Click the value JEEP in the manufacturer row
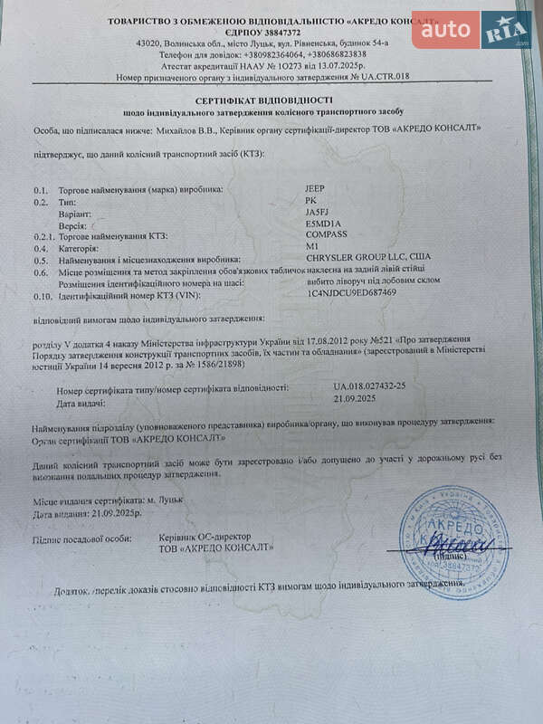pos(318,188)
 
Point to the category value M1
pos(313,245)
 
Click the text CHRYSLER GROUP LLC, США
pos(355,257)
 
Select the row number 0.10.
pos(42,296)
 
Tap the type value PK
pos(313,200)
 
